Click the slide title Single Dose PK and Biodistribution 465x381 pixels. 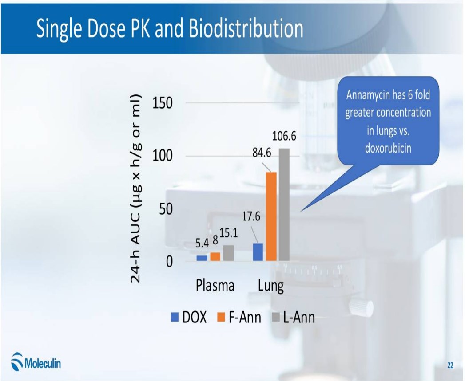tap(170, 29)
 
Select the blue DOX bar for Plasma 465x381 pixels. tap(202, 258)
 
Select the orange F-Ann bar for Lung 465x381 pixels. tap(271, 216)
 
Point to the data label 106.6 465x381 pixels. tap(284, 137)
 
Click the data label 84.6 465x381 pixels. tap(262, 153)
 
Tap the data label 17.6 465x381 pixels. tap(251, 217)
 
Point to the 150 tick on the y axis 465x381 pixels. tap(163, 103)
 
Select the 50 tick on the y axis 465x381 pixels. tap(166, 209)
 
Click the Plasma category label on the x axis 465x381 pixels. tap(215, 285)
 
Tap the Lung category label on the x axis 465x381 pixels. tap(271, 285)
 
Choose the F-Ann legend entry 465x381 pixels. tap(239, 317)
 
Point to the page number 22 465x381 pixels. tap(450, 365)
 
